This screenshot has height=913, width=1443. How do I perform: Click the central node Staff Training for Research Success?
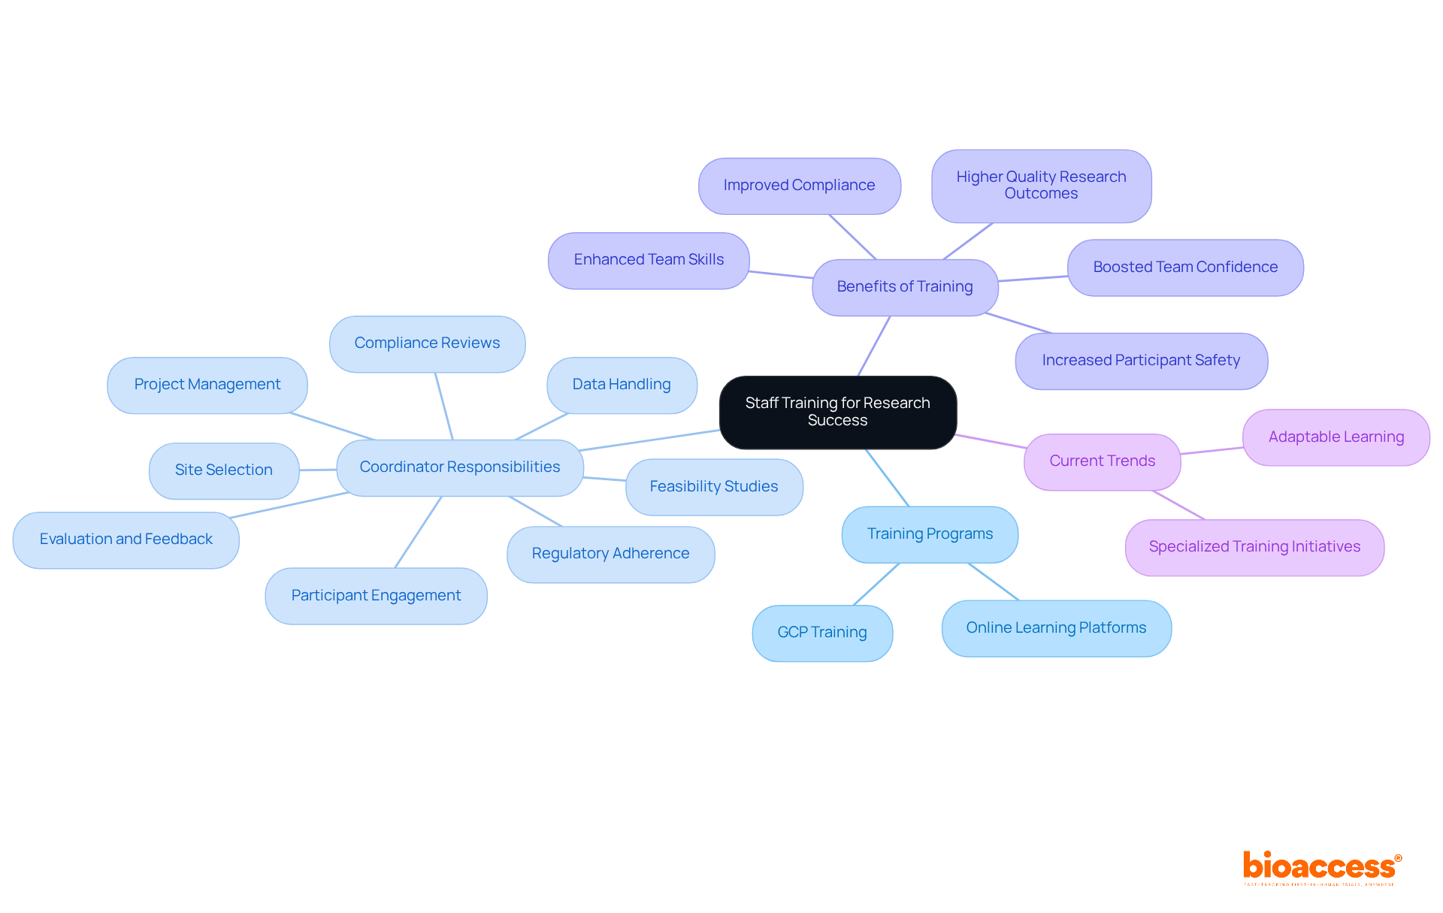pos(837,412)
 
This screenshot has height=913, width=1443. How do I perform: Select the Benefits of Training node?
pos(904,287)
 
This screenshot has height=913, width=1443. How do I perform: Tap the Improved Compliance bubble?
pos(799,186)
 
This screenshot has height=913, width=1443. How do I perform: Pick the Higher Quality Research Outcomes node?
pos(1041,186)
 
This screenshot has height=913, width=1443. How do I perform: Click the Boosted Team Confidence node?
pos(1184,268)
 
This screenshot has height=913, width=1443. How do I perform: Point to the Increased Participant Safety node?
pos(1140,361)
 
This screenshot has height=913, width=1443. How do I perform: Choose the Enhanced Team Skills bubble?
pos(649,260)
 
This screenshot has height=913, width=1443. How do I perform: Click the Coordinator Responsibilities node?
pos(459,467)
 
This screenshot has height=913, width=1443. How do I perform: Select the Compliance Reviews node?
pos(427,343)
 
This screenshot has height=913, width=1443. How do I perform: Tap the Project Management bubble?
pos(207,385)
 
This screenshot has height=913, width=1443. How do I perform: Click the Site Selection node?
pos(223,470)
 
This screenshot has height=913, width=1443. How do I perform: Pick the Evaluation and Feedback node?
pos(126,540)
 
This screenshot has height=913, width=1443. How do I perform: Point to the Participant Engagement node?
pos(376,596)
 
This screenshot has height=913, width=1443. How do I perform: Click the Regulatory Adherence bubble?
pos(610,554)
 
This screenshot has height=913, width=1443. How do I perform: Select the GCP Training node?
pos(821,633)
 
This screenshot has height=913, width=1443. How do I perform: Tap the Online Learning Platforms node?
pos(1056,628)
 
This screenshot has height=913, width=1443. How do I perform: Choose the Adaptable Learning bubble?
pos(1336,437)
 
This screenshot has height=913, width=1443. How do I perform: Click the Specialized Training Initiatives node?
pos(1254,547)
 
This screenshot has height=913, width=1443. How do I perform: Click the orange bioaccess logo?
pos(1320,867)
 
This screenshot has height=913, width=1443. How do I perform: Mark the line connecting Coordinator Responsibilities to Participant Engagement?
pos(418,532)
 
